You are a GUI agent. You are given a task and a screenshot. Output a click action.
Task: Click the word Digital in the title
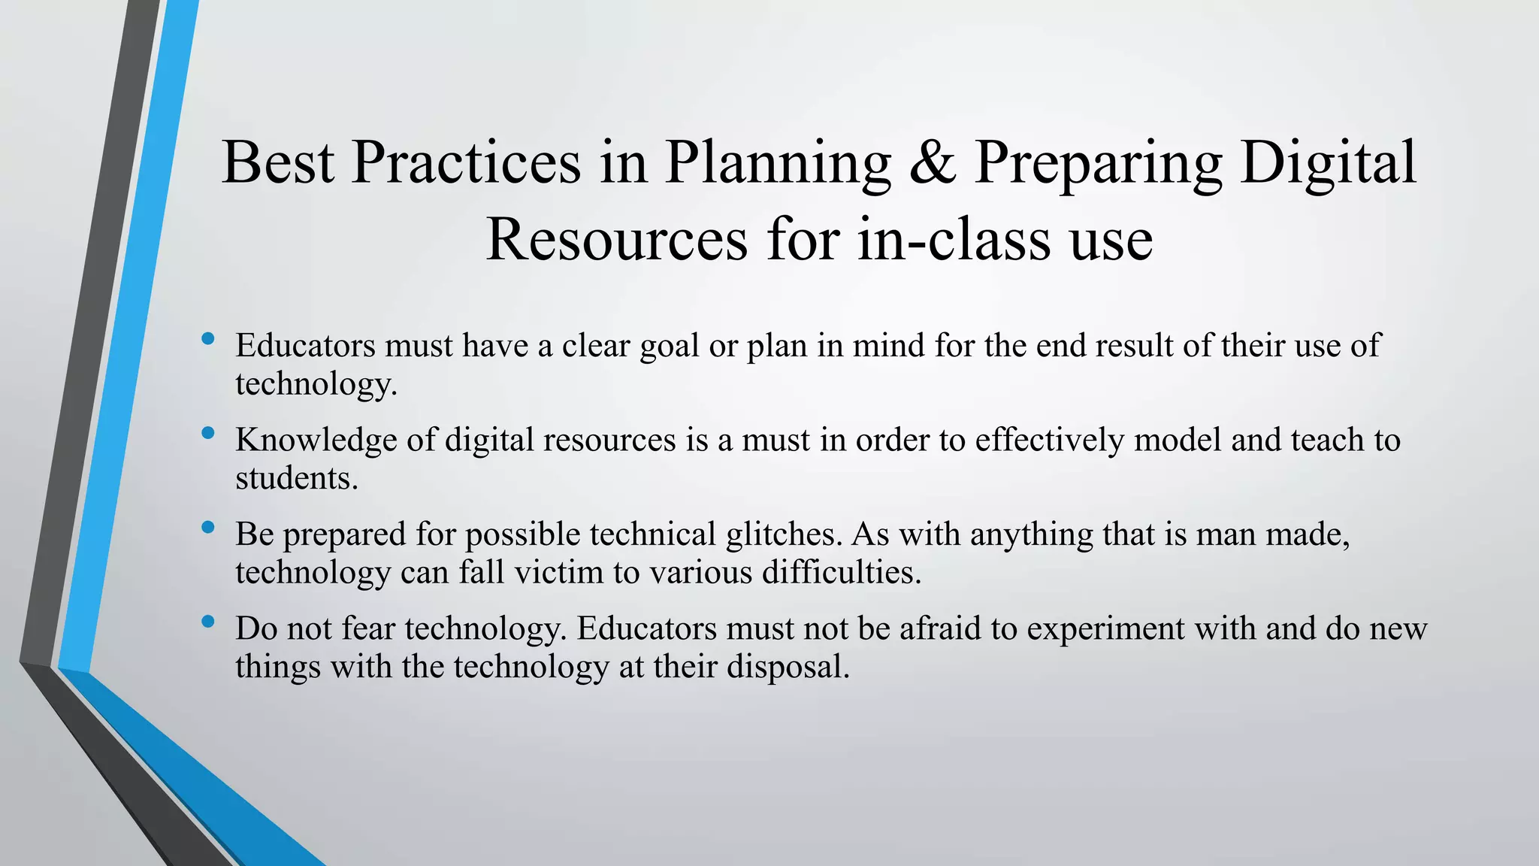point(1328,163)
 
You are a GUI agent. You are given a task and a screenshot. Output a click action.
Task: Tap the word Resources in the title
point(616,241)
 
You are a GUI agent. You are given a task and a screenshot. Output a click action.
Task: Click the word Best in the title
point(277,163)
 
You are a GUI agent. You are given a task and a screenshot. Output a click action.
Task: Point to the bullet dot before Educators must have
point(208,339)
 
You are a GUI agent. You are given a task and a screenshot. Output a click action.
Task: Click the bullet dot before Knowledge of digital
point(208,433)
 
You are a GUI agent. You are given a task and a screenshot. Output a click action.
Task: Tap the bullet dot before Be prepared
point(208,528)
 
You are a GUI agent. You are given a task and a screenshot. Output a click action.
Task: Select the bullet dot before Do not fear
point(208,622)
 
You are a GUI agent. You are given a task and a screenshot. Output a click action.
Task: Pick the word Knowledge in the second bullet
point(316,441)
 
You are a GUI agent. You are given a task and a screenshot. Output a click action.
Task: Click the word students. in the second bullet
point(297,479)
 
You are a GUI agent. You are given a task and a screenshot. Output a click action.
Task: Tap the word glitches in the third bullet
point(785,534)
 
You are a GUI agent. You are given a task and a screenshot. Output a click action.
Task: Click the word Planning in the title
point(778,163)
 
